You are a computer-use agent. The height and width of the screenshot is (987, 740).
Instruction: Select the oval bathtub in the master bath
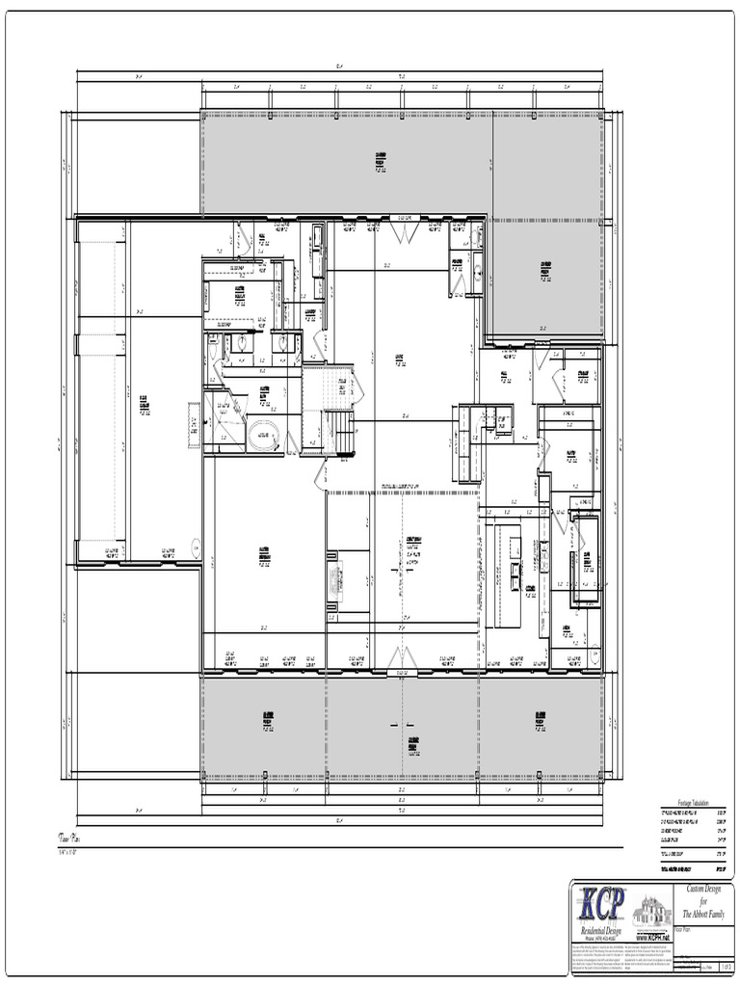tap(260, 439)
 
